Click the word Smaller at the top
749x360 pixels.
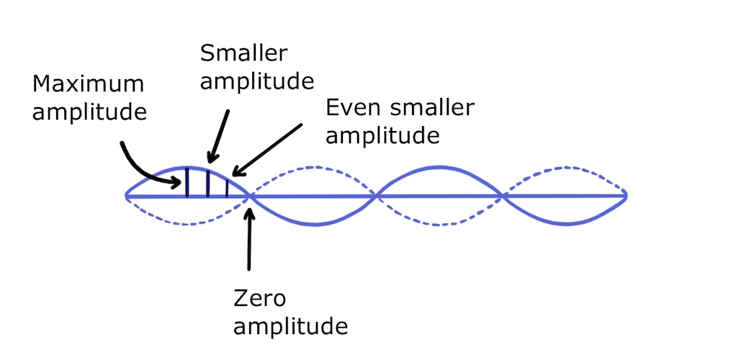pos(244,53)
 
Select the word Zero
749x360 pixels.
pos(263,297)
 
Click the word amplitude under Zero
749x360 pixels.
pos(292,326)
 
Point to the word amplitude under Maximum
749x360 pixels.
pos(89,113)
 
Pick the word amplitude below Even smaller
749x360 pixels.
pos(382,136)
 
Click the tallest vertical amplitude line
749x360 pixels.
pos(187,181)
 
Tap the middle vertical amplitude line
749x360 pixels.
pos(208,183)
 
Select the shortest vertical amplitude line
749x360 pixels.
pos(227,186)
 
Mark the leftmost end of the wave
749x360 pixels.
pos(126,195)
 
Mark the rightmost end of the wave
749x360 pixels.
pos(626,195)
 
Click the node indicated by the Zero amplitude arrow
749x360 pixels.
pos(250,195)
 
